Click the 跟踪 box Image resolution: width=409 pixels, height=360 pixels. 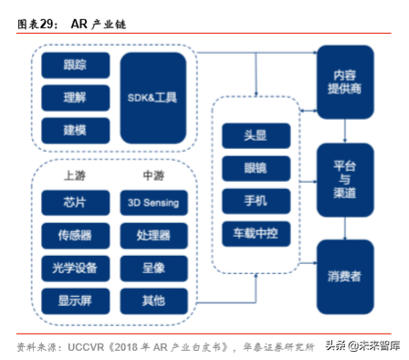pyautogui.click(x=76, y=66)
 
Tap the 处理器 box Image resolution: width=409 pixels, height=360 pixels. pyautogui.click(x=153, y=235)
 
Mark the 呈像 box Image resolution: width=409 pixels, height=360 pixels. pyautogui.click(x=153, y=267)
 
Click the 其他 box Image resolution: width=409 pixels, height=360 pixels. pyautogui.click(x=153, y=299)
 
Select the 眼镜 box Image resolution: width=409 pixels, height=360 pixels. pyautogui.click(x=256, y=168)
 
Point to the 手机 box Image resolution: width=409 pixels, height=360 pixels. pyautogui.click(x=256, y=200)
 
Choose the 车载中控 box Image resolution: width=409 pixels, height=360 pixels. pyautogui.click(x=256, y=232)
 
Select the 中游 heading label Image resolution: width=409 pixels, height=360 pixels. pyautogui.click(x=153, y=175)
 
